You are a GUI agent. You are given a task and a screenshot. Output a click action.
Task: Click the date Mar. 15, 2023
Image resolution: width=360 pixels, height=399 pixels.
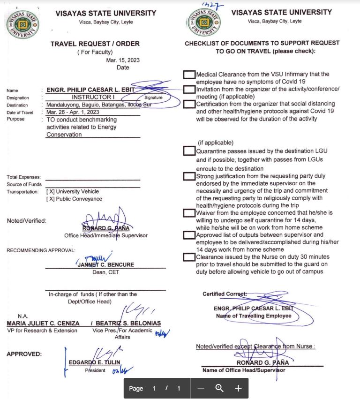point(123,60)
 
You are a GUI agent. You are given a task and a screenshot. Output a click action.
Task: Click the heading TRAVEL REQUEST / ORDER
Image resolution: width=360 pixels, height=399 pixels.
point(95,44)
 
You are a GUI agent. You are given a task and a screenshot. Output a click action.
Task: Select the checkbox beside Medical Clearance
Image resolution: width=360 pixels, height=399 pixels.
point(189,75)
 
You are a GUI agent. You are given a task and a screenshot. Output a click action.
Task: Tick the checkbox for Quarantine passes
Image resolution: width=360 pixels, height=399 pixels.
point(189,151)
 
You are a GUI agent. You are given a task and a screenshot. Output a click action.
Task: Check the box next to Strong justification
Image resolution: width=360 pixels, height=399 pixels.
point(189,176)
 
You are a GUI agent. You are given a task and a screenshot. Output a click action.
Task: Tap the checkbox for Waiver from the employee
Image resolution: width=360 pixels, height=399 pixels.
point(189,213)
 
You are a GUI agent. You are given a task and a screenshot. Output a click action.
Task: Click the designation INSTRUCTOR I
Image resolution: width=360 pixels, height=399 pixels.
point(93,98)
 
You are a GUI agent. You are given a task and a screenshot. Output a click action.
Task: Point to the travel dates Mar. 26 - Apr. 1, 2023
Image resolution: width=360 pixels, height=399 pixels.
point(73,113)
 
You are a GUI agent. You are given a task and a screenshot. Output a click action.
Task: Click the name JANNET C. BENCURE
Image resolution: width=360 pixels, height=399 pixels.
point(105,265)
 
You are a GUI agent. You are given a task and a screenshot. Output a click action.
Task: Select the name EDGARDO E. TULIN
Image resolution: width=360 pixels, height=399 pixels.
point(95,362)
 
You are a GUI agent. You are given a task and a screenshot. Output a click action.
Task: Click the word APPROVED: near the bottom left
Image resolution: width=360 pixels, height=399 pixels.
point(24,354)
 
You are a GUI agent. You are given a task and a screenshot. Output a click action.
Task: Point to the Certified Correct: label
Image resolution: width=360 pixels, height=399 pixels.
point(225,294)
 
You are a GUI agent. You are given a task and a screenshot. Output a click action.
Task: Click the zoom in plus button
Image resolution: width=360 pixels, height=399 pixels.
point(238,388)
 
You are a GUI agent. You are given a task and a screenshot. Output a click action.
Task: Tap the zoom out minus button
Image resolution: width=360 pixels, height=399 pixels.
point(201,388)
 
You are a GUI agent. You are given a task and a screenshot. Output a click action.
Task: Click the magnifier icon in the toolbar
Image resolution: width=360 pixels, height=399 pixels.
point(219,388)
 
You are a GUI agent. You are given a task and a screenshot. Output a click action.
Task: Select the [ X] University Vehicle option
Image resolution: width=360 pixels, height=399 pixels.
point(73,192)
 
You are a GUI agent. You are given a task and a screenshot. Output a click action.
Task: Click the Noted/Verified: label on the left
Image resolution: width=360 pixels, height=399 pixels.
point(27,221)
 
